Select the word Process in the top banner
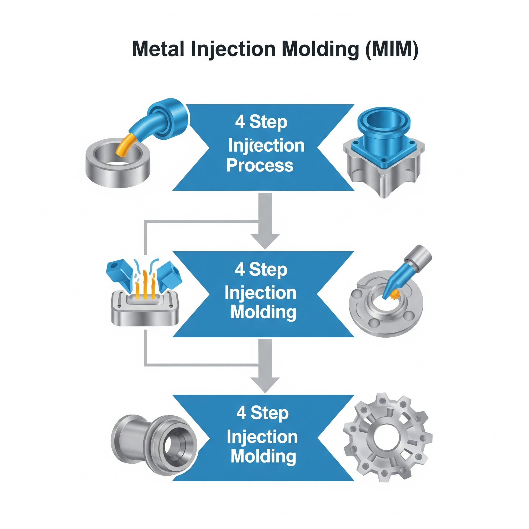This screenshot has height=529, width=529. (260, 165)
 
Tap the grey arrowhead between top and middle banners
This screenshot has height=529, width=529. (265, 241)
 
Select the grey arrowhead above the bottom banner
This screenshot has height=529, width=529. (265, 384)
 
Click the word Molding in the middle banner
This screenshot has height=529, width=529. (263, 312)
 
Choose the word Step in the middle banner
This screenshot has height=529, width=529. (268, 270)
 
